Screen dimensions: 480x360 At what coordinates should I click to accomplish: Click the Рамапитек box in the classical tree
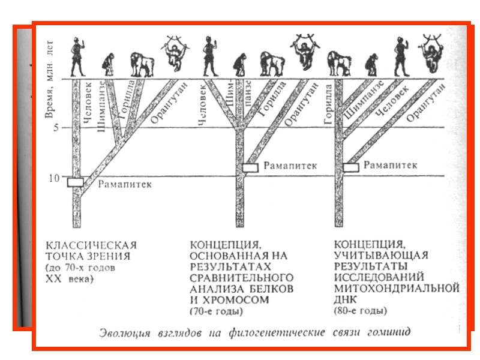click(76, 182)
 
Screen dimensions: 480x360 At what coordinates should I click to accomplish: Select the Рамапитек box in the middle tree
click(251, 168)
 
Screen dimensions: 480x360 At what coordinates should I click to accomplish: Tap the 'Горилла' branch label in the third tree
click(328, 105)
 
